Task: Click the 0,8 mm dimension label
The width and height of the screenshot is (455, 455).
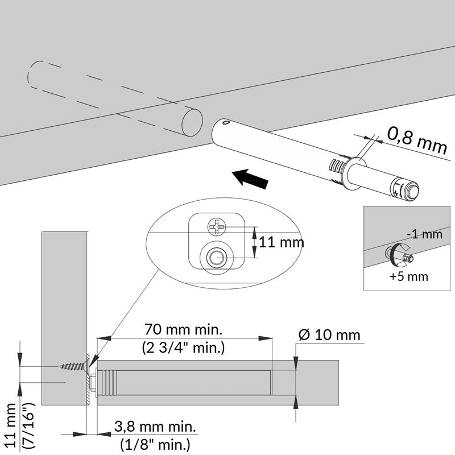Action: coord(417,139)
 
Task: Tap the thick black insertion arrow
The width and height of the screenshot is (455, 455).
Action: coord(251,178)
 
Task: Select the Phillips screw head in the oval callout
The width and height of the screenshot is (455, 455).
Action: coord(217,226)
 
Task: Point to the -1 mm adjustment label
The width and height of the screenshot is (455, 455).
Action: coord(424,234)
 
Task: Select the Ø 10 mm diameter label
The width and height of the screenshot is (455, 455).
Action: coord(330,334)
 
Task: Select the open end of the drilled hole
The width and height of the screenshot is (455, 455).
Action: coord(191,123)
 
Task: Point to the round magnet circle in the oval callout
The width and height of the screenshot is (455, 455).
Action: coord(216,257)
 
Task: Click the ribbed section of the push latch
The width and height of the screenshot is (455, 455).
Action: coord(338,170)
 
